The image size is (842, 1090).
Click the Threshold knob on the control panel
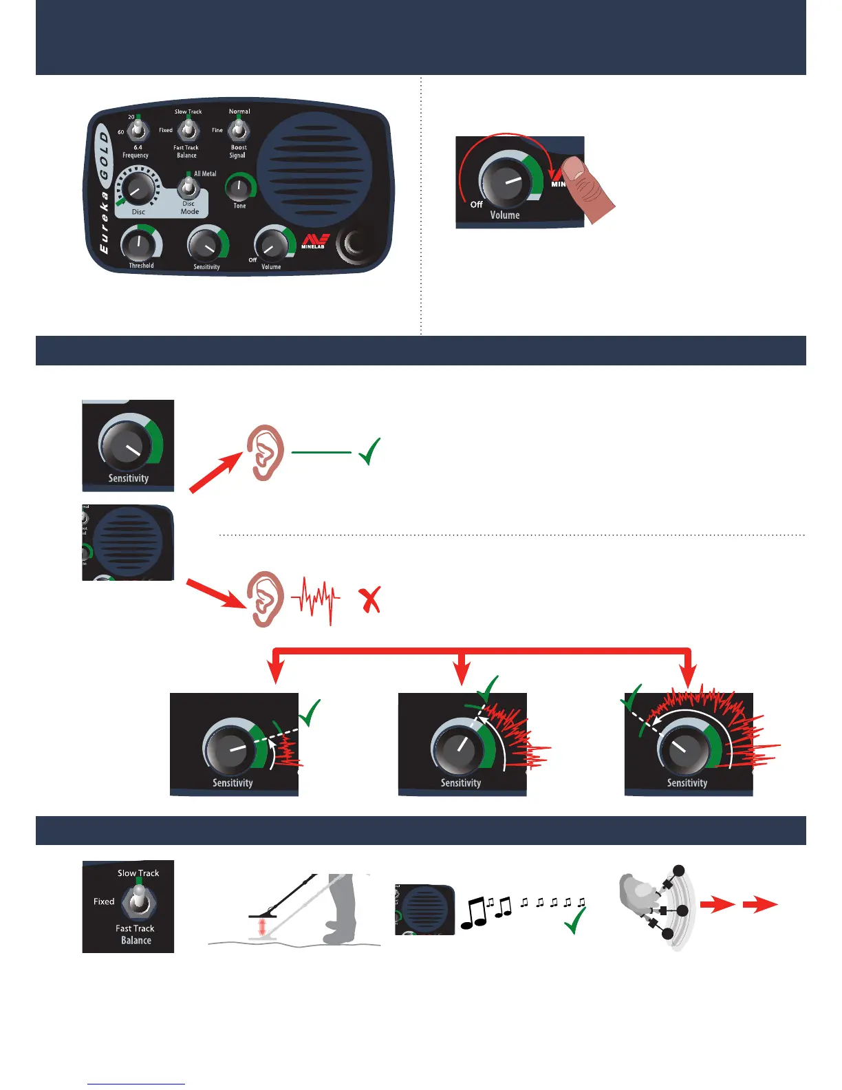(x=139, y=244)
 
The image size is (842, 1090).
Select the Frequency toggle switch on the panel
(x=138, y=129)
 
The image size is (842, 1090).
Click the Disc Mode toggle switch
(x=187, y=187)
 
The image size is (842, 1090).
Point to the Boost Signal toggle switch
(x=239, y=129)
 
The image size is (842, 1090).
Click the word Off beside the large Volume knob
(x=476, y=204)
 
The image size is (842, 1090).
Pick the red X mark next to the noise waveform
(x=371, y=600)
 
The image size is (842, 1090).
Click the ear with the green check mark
(x=266, y=452)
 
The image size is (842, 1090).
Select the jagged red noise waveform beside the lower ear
(x=315, y=600)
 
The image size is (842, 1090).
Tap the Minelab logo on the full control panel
(x=314, y=242)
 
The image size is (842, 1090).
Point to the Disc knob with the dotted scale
(x=138, y=187)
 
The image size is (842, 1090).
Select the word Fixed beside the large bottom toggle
(x=104, y=901)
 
